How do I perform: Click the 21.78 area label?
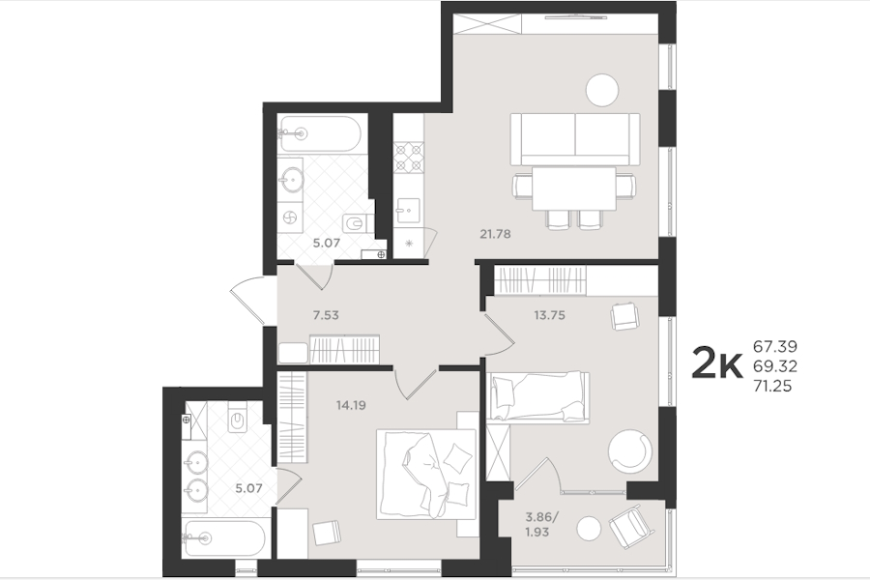pos(495,234)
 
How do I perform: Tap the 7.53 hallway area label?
pos(326,315)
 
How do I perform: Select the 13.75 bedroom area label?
pos(549,315)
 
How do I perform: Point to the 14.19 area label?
pos(351,405)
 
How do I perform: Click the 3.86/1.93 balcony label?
pos(541,525)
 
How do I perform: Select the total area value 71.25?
pos(772,386)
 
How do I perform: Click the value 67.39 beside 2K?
pos(774,346)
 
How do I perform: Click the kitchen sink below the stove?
pos(408,210)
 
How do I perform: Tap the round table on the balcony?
pos(588,529)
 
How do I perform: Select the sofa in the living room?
pos(575,139)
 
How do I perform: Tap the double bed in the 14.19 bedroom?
pos(426,474)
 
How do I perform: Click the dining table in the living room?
pos(574,188)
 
